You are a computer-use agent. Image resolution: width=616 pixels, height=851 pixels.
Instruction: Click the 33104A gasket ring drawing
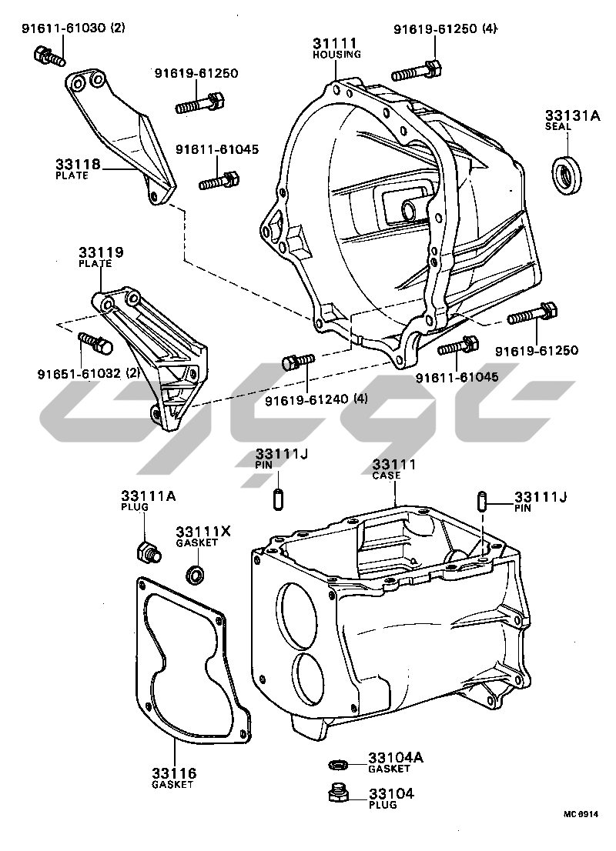337,763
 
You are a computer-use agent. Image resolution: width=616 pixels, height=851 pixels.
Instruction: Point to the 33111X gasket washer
196,574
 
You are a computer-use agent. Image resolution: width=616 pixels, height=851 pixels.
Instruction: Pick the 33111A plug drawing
146,552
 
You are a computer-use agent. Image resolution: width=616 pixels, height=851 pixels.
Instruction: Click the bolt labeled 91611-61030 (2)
46,55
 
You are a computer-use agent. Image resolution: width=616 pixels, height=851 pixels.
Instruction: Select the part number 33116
174,773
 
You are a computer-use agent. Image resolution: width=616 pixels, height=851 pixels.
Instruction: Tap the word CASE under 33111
387,476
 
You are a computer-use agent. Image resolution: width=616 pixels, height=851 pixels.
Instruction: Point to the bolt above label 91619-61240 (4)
299,360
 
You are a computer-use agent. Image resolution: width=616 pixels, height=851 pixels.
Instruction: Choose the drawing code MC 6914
579,813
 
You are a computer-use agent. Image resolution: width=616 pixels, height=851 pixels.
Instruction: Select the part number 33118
74,164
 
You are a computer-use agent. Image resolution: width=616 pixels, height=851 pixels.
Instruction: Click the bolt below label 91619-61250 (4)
416,71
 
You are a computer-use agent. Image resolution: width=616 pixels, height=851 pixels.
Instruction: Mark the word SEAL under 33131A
558,125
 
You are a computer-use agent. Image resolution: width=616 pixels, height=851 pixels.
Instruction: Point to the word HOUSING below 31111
336,55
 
